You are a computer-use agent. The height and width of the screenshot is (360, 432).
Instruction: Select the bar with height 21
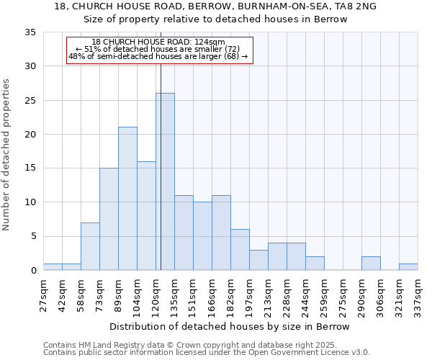coord(127,199)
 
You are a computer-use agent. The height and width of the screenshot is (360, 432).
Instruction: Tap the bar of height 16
coord(146,216)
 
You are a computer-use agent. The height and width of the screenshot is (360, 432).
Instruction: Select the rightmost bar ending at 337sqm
coord(408,267)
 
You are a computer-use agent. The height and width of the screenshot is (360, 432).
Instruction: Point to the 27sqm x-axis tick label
coord(43,294)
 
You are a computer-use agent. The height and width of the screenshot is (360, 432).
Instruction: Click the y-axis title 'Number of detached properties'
coord(7,155)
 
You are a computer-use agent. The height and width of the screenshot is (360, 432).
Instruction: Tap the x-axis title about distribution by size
coord(230,327)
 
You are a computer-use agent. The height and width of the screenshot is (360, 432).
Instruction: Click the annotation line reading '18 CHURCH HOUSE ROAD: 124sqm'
coord(158,42)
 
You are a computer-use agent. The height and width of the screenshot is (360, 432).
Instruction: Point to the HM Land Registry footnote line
coord(205,345)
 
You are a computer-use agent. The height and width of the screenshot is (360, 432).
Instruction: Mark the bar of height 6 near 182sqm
coord(240,250)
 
